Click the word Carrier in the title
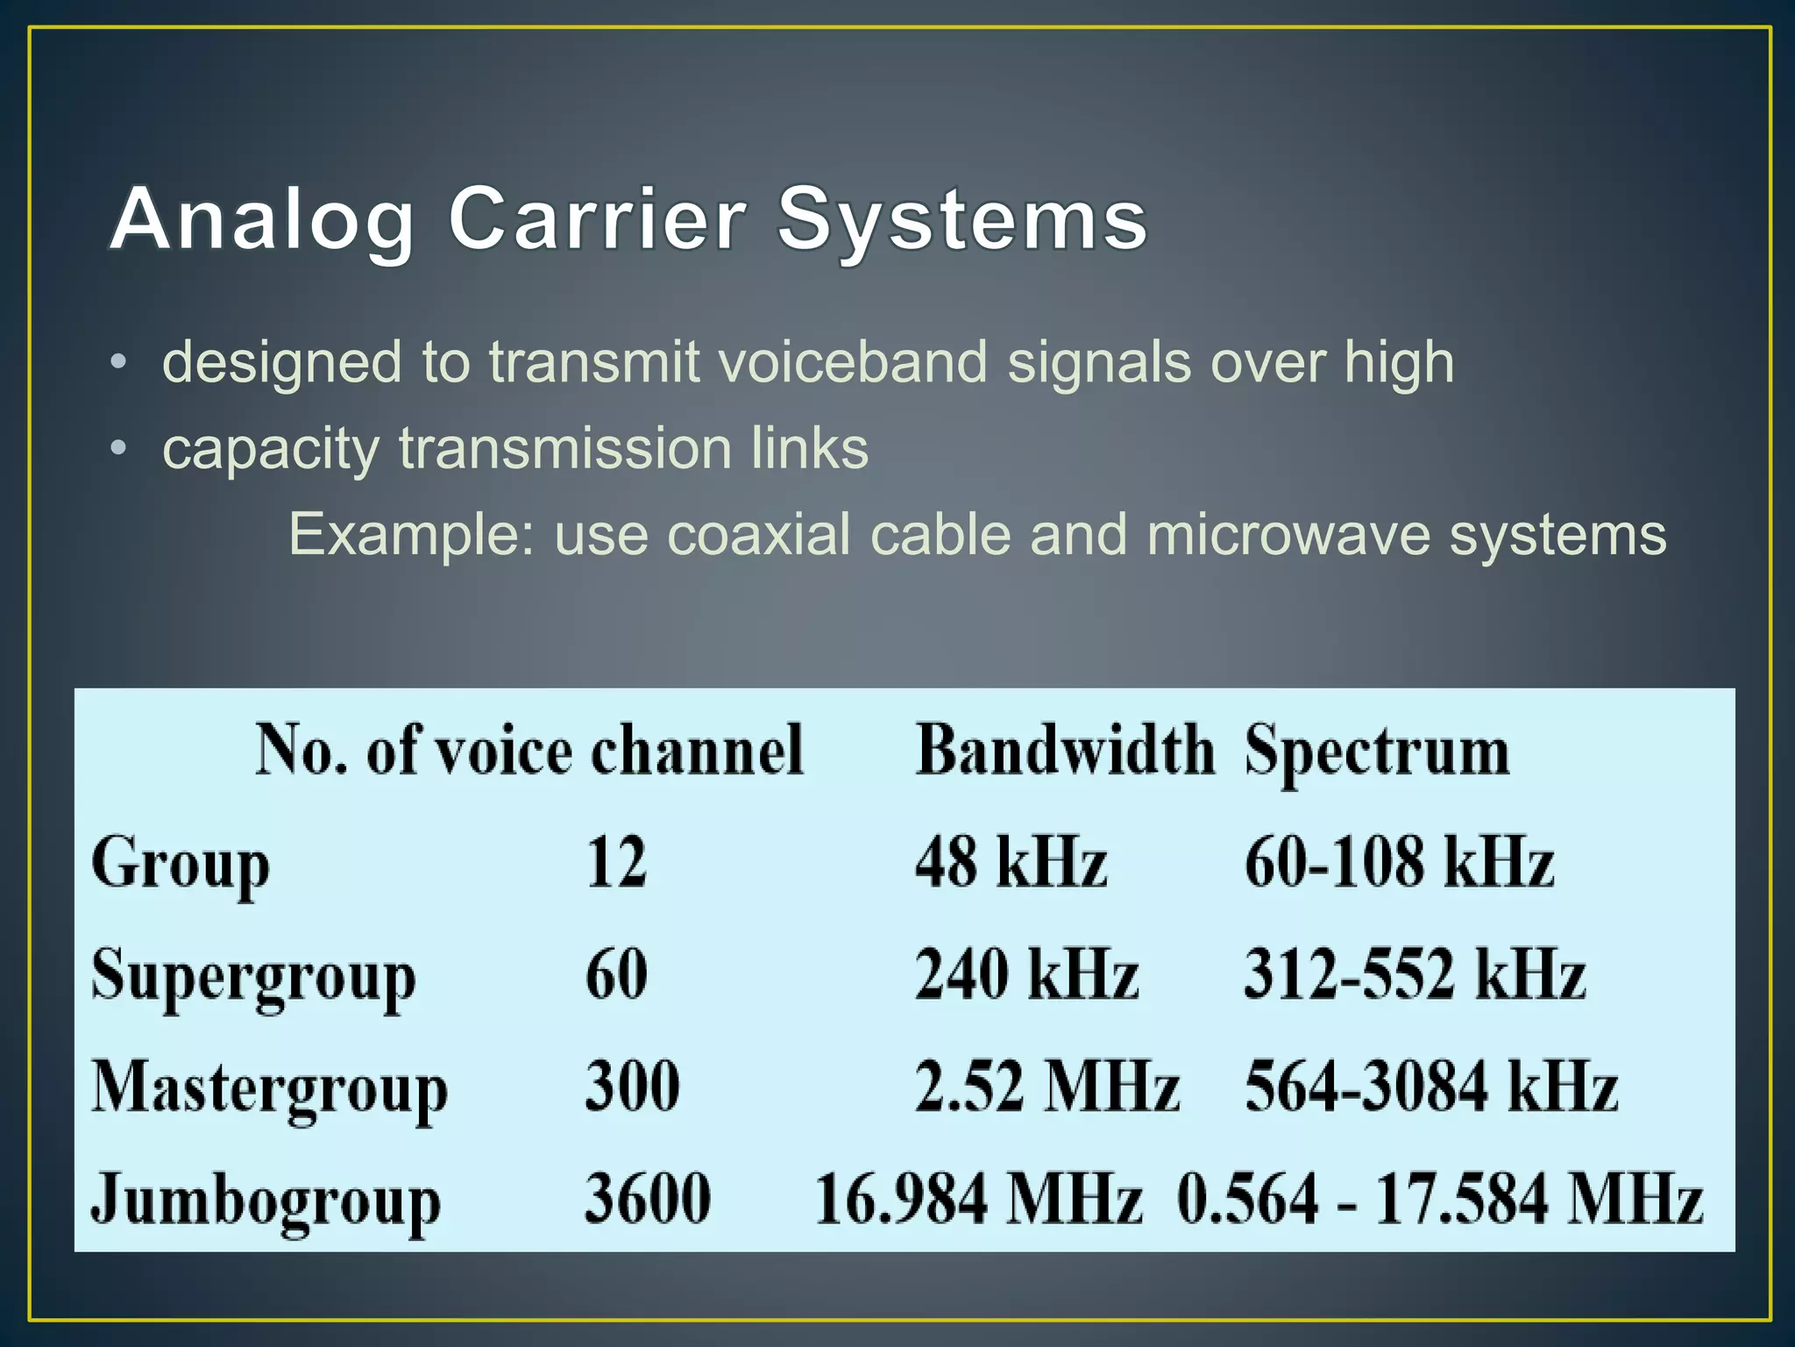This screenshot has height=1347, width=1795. [598, 219]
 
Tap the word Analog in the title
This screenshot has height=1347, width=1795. [262, 221]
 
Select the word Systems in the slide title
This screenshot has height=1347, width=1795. [962, 221]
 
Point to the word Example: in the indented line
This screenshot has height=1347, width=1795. [411, 534]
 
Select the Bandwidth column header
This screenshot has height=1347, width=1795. [1065, 751]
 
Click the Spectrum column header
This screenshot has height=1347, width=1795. [1377, 752]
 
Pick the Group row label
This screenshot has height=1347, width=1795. [181, 865]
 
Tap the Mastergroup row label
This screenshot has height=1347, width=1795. [270, 1088]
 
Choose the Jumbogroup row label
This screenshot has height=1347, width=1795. [266, 1201]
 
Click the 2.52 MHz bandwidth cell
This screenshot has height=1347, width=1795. [1047, 1087]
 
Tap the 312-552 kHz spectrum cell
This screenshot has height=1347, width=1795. [1415, 974]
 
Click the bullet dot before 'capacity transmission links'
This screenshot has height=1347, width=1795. [119, 449]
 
